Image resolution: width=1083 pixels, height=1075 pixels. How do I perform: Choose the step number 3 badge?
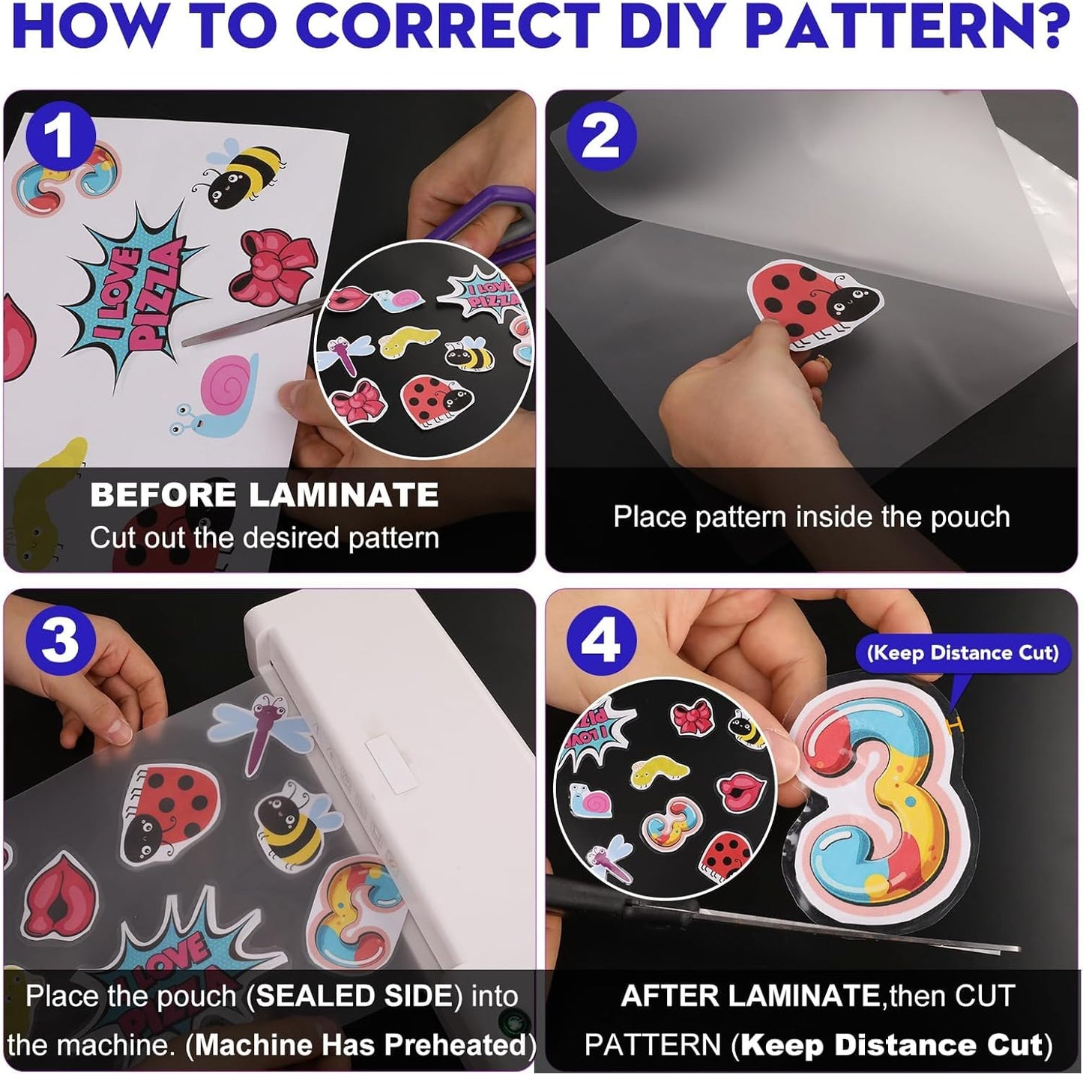tap(59, 641)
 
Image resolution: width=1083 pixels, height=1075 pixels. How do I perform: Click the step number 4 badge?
tap(601, 641)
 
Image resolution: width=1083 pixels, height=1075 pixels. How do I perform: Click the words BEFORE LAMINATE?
tap(264, 495)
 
